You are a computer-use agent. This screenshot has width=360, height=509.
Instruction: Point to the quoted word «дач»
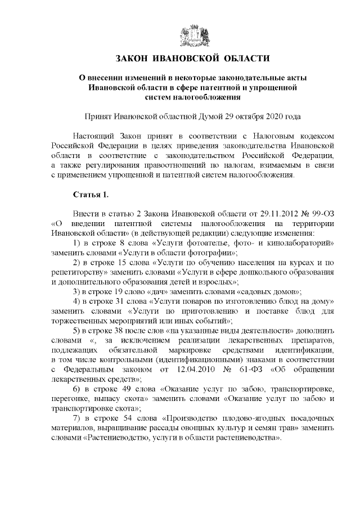155,291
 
